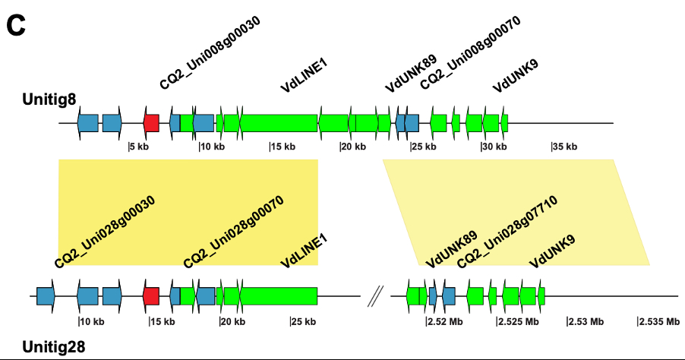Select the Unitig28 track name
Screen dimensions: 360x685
[54, 347]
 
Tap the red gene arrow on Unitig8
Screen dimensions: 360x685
[151, 122]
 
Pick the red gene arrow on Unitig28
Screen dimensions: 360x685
[151, 296]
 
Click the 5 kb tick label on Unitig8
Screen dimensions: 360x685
[139, 147]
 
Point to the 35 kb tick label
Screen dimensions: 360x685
[564, 147]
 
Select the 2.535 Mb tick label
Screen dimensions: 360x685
[658, 321]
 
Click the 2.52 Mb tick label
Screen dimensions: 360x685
[444, 321]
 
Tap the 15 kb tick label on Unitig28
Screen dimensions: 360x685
[162, 321]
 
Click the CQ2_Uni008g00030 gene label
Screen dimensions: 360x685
[210, 53]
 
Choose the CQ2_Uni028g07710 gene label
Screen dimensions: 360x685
[507, 231]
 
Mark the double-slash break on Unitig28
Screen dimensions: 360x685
[374, 296]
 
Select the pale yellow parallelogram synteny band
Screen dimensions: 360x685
[516, 212]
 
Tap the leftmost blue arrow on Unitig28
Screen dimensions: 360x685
[46, 296]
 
